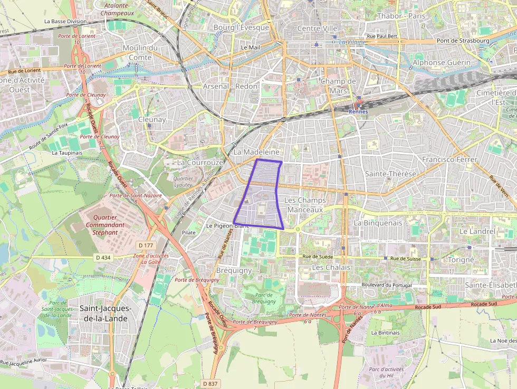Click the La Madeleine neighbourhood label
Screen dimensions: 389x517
(256, 152)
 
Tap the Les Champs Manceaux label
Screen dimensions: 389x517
(305, 205)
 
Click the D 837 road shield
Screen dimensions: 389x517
(209, 383)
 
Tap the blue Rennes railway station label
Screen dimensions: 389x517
(359, 111)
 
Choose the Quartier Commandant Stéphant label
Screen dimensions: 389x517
(104, 224)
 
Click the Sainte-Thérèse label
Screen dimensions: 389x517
(390, 174)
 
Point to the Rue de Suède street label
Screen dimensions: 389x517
(318, 257)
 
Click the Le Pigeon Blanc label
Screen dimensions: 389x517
(227, 225)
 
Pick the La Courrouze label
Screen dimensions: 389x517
(200, 163)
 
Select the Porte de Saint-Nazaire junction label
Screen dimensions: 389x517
(134, 198)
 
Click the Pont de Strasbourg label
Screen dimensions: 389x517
(463, 41)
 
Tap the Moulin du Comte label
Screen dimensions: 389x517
(140, 52)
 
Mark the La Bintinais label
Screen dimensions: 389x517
(385, 333)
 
